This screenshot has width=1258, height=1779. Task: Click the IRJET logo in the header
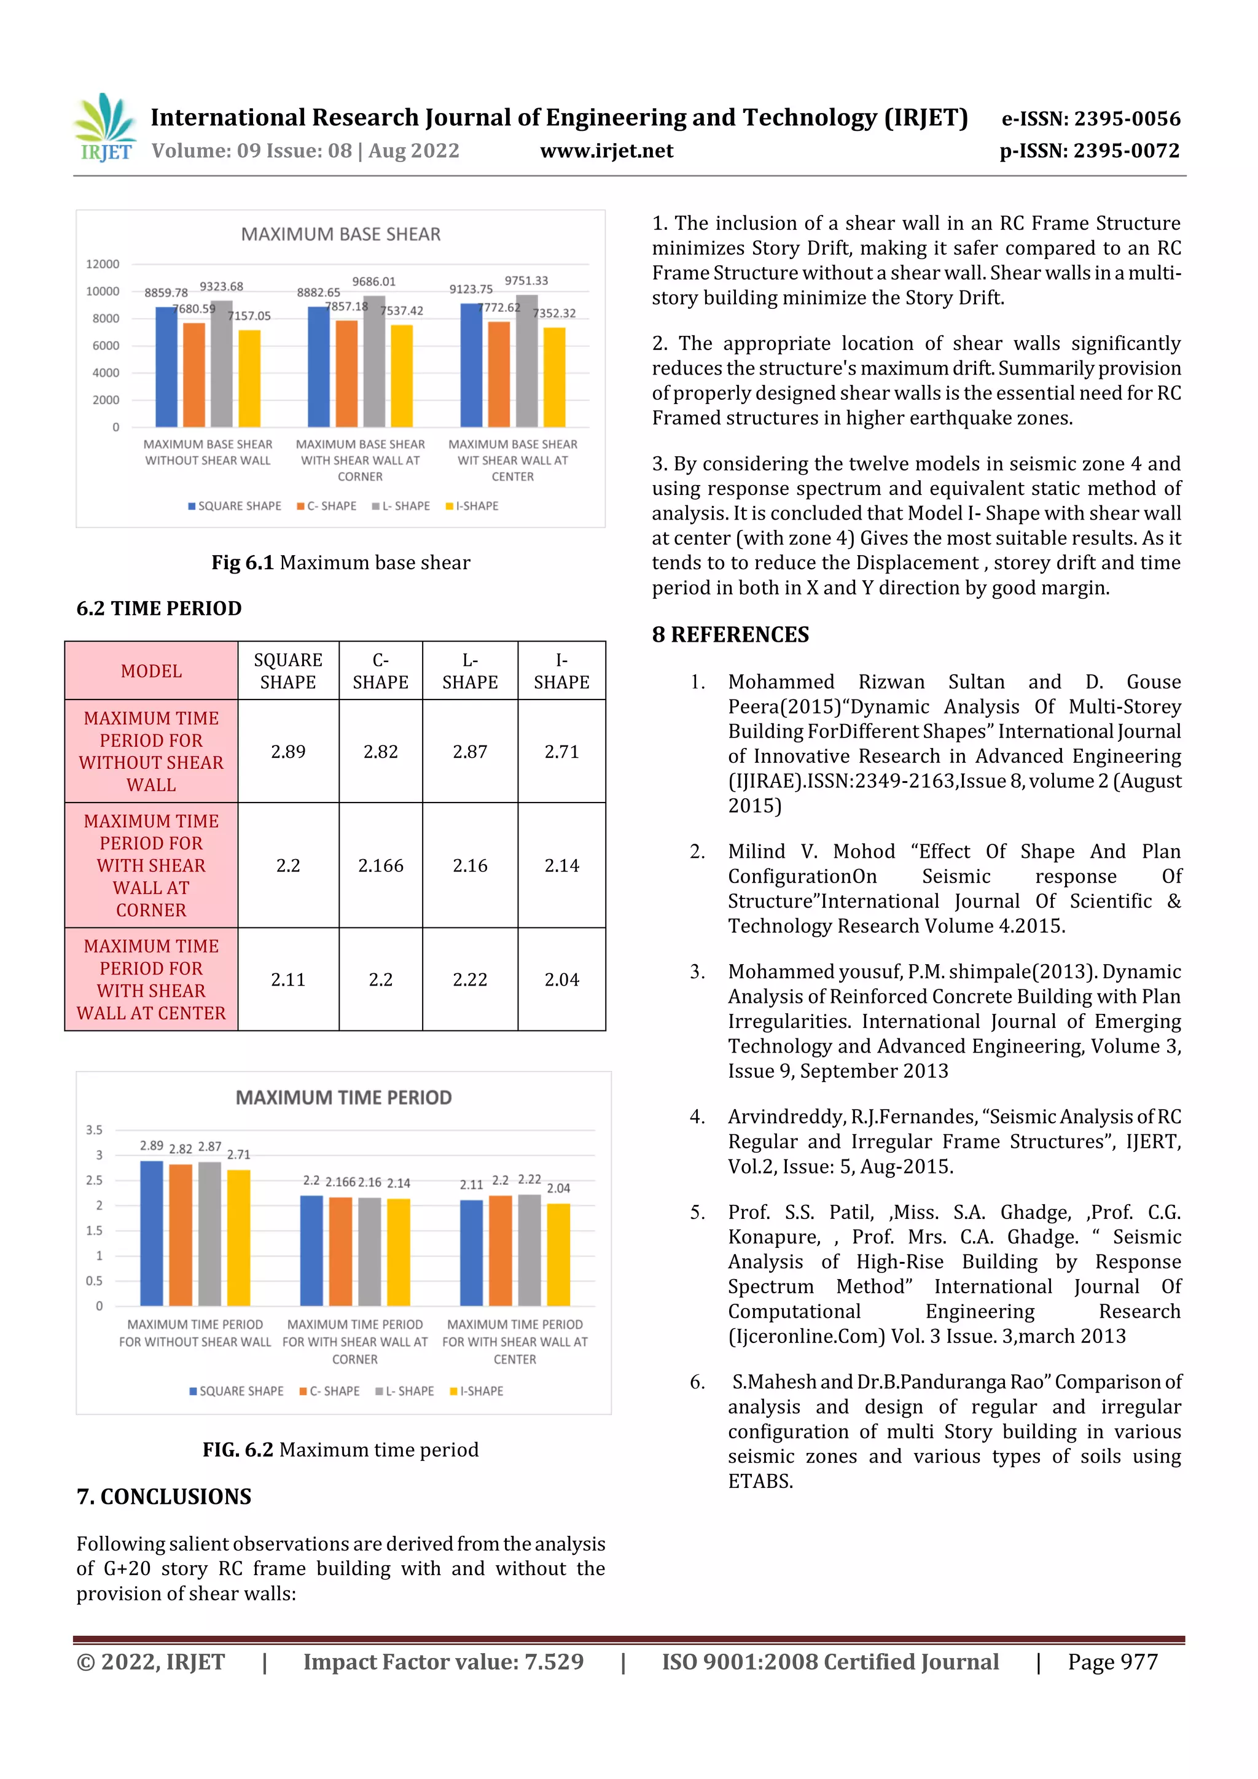104,128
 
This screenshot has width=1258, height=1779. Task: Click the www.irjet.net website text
606,151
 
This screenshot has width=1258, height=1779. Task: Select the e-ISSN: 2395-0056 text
1090,119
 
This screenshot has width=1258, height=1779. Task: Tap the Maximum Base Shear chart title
340,234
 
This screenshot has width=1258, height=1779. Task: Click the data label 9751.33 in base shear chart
526,281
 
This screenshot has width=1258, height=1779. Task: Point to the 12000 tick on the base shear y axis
103,264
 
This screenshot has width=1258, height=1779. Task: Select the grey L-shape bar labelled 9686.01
374,361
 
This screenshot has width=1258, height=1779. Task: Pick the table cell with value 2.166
381,865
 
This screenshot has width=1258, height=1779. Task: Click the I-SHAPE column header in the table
561,671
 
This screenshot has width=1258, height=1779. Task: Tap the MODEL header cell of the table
151,671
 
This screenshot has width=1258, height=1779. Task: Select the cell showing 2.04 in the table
561,979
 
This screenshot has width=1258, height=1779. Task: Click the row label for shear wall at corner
151,865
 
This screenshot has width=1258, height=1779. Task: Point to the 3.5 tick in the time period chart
94,1130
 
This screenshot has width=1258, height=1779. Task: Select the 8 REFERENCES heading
730,634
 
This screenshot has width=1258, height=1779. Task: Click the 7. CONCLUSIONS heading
163,1496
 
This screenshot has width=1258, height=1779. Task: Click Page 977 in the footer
1112,1661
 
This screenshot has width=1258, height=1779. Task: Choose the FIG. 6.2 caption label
238,1450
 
